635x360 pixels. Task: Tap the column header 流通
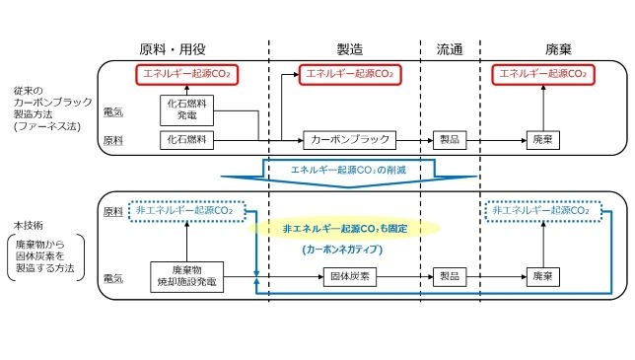[x=449, y=49]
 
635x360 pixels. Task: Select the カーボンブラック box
[x=348, y=140]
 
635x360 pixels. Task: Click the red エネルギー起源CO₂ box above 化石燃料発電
[x=187, y=73]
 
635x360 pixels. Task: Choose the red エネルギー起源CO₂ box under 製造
[x=348, y=73]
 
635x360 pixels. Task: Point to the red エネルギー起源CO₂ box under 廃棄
[x=539, y=73]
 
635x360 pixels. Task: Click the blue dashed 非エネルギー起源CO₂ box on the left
[x=187, y=210]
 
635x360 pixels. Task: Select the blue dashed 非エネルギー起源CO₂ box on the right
[x=540, y=210]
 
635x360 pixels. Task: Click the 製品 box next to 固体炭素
[x=448, y=277]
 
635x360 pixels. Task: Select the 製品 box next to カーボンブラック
[x=448, y=140]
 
